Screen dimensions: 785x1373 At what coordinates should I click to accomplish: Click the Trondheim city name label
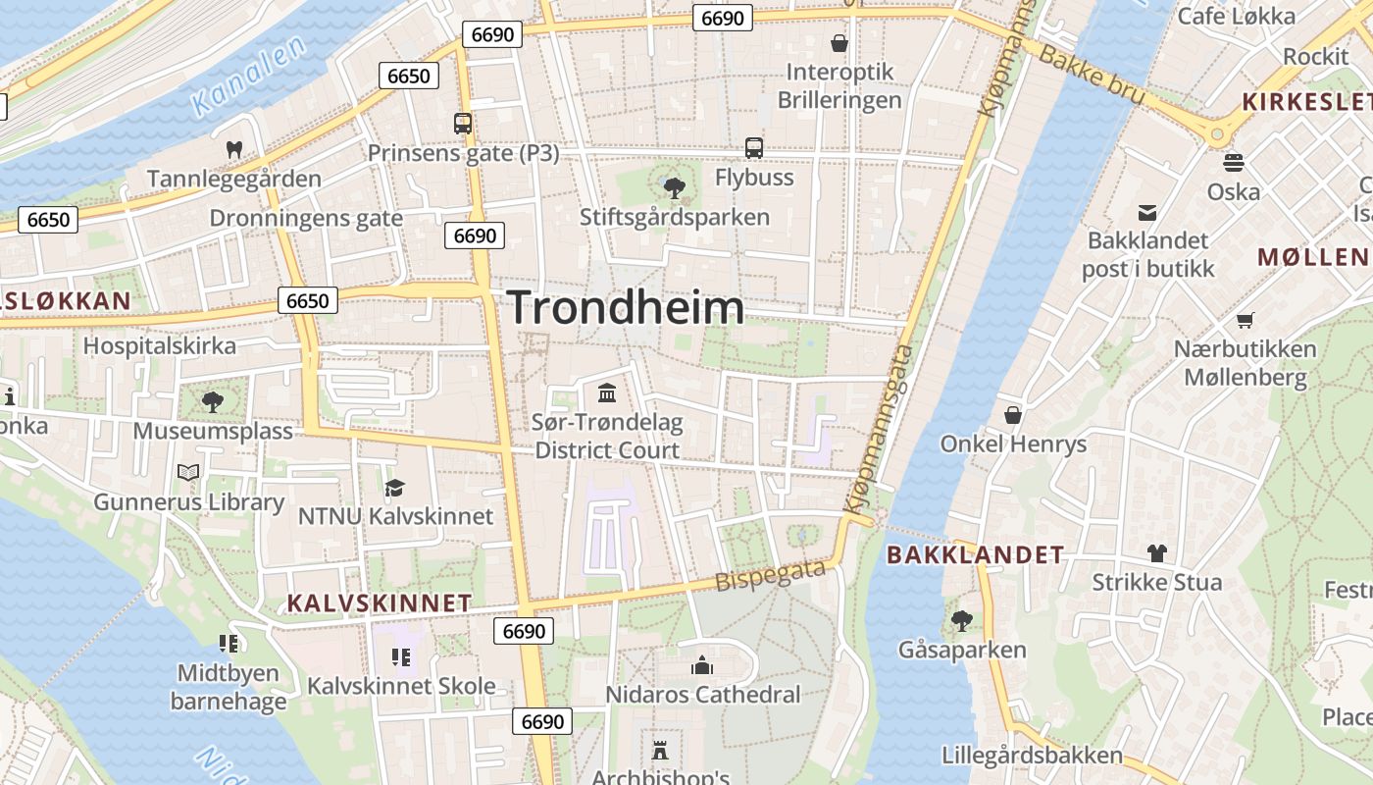point(626,308)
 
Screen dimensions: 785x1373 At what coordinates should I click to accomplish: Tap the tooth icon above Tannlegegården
point(233,150)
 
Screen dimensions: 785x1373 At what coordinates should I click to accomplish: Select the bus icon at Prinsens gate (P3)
point(463,124)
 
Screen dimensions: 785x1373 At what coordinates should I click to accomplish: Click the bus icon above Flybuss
point(753,148)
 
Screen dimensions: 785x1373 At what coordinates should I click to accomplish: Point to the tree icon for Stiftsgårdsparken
point(674,187)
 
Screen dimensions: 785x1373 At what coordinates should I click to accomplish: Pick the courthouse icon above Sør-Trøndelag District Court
point(607,393)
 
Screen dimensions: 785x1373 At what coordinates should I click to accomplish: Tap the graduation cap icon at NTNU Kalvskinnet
point(394,488)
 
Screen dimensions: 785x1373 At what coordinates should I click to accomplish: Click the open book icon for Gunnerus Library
point(188,473)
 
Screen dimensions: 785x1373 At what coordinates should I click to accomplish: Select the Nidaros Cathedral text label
point(702,695)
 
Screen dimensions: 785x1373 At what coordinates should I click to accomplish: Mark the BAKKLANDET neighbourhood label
point(975,555)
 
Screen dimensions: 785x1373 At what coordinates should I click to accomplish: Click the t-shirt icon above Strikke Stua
point(1157,553)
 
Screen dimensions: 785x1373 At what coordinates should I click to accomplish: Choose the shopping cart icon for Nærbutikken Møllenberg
point(1246,320)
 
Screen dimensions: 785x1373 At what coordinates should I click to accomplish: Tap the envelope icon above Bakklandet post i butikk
point(1146,212)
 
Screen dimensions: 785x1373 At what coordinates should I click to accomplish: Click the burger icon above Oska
point(1234,162)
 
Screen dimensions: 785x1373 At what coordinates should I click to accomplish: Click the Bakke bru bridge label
point(1091,75)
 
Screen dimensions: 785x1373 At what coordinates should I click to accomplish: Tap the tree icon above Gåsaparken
point(961,620)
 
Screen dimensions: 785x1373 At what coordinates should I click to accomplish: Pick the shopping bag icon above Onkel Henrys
point(1013,415)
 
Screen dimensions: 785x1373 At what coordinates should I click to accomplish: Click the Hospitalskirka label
point(159,346)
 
